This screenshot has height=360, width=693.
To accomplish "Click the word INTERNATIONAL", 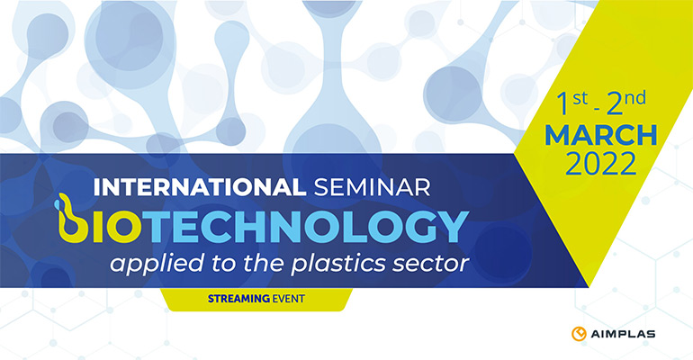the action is pyautogui.click(x=200, y=187).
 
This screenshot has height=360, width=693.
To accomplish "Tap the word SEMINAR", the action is pyautogui.click(x=372, y=187).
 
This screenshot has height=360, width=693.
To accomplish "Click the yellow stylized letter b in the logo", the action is pyautogui.click(x=72, y=219).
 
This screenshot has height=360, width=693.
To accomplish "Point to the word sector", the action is pyautogui.click(x=427, y=265).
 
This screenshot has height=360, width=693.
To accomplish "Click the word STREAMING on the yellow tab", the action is pyautogui.click(x=238, y=299).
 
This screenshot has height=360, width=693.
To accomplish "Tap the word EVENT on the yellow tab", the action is pyautogui.click(x=289, y=299).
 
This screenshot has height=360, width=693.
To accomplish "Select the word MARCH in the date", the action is pyautogui.click(x=601, y=136).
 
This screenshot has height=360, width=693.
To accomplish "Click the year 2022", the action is pyautogui.click(x=601, y=164).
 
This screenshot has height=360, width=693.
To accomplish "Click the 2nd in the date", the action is pyautogui.click(x=625, y=103).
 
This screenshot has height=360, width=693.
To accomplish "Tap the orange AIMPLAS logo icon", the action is pyautogui.click(x=579, y=334).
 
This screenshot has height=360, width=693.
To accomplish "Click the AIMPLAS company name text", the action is pyautogui.click(x=623, y=335).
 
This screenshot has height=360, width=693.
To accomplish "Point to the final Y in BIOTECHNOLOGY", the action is pyautogui.click(x=450, y=227).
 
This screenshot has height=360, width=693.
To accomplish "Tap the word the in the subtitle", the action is pyautogui.click(x=263, y=264).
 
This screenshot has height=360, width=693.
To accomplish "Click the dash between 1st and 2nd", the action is pyautogui.click(x=597, y=107).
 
